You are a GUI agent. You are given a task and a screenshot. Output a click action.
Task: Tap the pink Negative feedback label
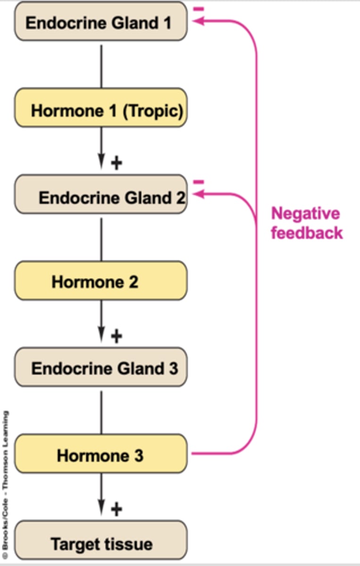click(x=306, y=223)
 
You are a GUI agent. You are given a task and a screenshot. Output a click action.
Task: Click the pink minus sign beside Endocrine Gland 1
click(x=199, y=9)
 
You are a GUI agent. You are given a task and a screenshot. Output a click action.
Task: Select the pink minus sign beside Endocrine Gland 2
click(x=199, y=182)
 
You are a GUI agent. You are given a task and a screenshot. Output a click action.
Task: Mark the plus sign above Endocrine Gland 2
click(x=116, y=163)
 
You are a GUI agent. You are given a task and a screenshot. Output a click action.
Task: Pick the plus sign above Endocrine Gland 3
click(x=116, y=336)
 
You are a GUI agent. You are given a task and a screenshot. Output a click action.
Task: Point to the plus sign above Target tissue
click(x=116, y=508)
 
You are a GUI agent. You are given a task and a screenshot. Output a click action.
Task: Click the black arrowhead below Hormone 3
click(x=101, y=508)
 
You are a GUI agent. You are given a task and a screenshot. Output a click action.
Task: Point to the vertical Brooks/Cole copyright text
click(x=6, y=486)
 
